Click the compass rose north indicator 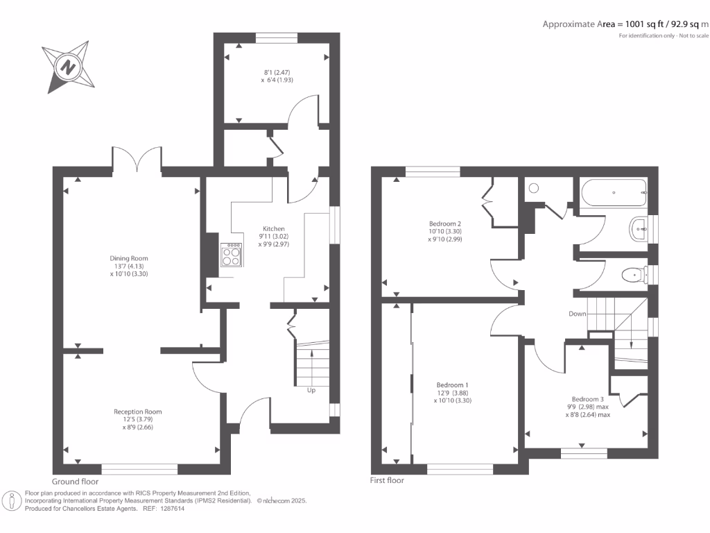point(68,67)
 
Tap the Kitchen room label point(273,228)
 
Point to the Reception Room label point(137,412)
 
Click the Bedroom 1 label point(452,384)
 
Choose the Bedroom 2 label point(445,223)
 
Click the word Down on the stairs point(578,314)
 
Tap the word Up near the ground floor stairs point(311,390)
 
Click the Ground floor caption point(75,481)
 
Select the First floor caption point(388,480)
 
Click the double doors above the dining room point(137,158)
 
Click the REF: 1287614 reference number point(163,508)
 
